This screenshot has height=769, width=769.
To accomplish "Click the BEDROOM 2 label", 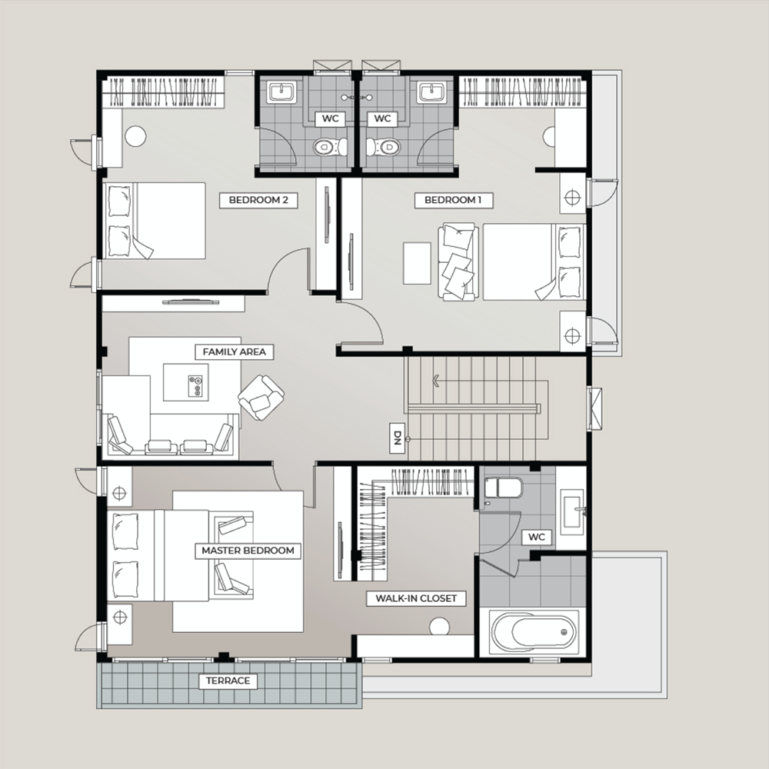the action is click(x=258, y=200).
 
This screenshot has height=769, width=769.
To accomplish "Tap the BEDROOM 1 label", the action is click(x=453, y=200).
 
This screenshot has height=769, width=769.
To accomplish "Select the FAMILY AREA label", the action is click(x=235, y=352).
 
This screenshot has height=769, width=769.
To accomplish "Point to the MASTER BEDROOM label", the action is click(x=248, y=551).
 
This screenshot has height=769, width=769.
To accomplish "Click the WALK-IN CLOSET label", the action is click(x=416, y=598).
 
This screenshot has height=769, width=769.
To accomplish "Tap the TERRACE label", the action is click(x=228, y=681).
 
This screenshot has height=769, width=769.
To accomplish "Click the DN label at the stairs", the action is click(x=398, y=438).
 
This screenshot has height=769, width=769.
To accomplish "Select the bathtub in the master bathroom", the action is click(x=534, y=631).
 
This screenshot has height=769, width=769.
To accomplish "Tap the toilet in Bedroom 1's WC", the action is click(x=384, y=147).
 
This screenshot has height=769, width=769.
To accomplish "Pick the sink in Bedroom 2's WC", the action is click(x=281, y=92).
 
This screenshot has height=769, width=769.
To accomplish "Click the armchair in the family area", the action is click(x=261, y=398).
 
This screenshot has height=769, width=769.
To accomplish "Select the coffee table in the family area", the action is click(x=186, y=382).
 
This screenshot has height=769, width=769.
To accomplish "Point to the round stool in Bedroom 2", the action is click(x=135, y=136).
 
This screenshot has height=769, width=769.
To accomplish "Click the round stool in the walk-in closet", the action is click(x=439, y=626).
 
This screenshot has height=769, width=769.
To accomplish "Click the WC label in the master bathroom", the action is click(x=537, y=537).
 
